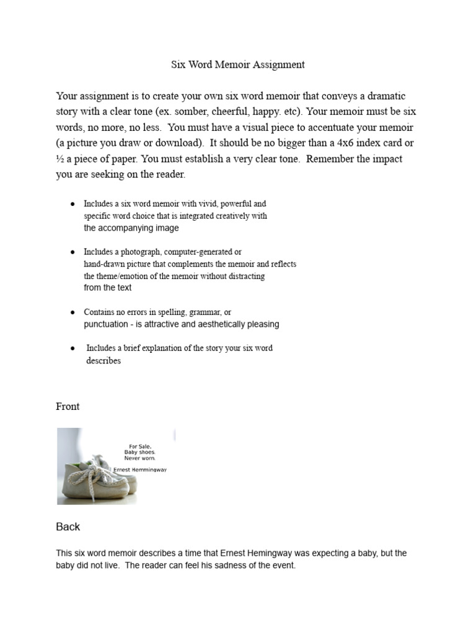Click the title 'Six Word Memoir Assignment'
238,64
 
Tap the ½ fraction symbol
60,159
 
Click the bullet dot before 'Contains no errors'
73,313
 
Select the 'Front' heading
68,407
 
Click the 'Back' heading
68,526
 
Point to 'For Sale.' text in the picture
139,446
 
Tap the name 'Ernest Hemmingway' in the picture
141,469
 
